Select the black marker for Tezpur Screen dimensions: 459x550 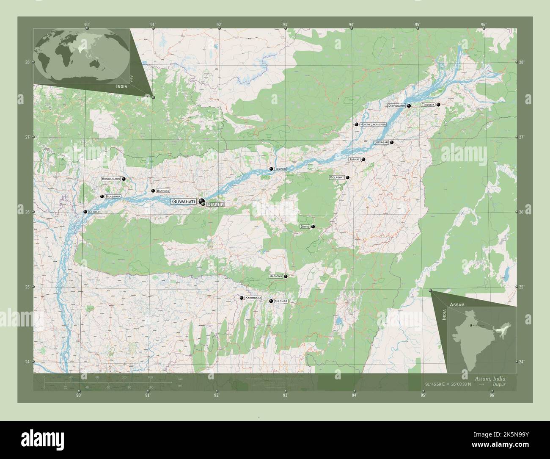(x=271, y=169)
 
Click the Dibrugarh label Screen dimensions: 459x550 (x=397, y=106)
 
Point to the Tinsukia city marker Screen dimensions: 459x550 (x=438, y=105)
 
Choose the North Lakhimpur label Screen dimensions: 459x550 (x=373, y=124)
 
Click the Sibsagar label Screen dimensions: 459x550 (x=381, y=143)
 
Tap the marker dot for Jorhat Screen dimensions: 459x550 (x=363, y=159)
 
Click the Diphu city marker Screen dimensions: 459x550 (x=313, y=227)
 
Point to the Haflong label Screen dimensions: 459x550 (x=275, y=277)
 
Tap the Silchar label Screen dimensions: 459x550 (x=281, y=301)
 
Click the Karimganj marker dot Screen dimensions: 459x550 (x=241, y=299)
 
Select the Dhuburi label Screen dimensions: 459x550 (x=95, y=212)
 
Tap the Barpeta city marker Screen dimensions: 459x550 (x=153, y=191)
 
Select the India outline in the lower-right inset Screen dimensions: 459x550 (x=478, y=335)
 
